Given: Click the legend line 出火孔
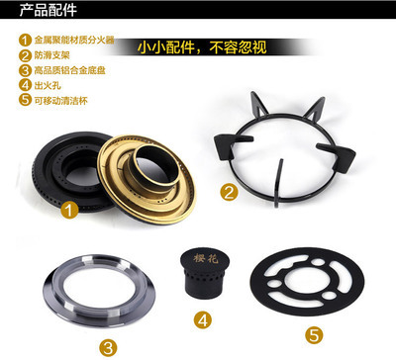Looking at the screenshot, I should click(45, 86).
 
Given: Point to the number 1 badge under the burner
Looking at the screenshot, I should click(68, 210).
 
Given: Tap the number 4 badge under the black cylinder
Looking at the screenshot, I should click(202, 320).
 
